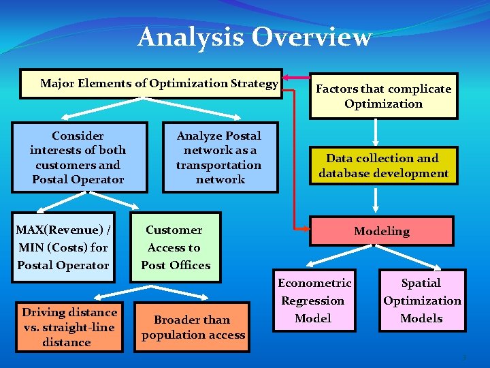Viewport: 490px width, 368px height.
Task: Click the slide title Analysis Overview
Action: point(255,37)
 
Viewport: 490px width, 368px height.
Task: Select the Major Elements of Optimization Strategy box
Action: point(151,84)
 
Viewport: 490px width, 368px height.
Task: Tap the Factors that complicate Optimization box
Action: point(383,96)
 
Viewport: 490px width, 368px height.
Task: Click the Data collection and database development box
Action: point(383,166)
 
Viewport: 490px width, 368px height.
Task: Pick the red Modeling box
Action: point(381,231)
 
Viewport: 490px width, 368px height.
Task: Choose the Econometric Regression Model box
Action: point(314,301)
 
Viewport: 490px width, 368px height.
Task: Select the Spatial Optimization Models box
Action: point(421,301)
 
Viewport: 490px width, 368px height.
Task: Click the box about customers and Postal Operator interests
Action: point(78,157)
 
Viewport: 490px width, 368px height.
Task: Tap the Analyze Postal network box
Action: point(219,157)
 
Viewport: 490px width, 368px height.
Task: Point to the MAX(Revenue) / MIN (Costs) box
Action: point(63,247)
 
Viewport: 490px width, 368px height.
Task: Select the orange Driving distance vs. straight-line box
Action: point(69,327)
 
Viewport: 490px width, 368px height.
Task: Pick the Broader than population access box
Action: point(193,327)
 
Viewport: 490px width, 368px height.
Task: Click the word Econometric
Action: point(314,283)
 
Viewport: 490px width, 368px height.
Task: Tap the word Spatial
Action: point(421,283)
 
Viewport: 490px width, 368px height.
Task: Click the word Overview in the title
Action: point(312,37)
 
